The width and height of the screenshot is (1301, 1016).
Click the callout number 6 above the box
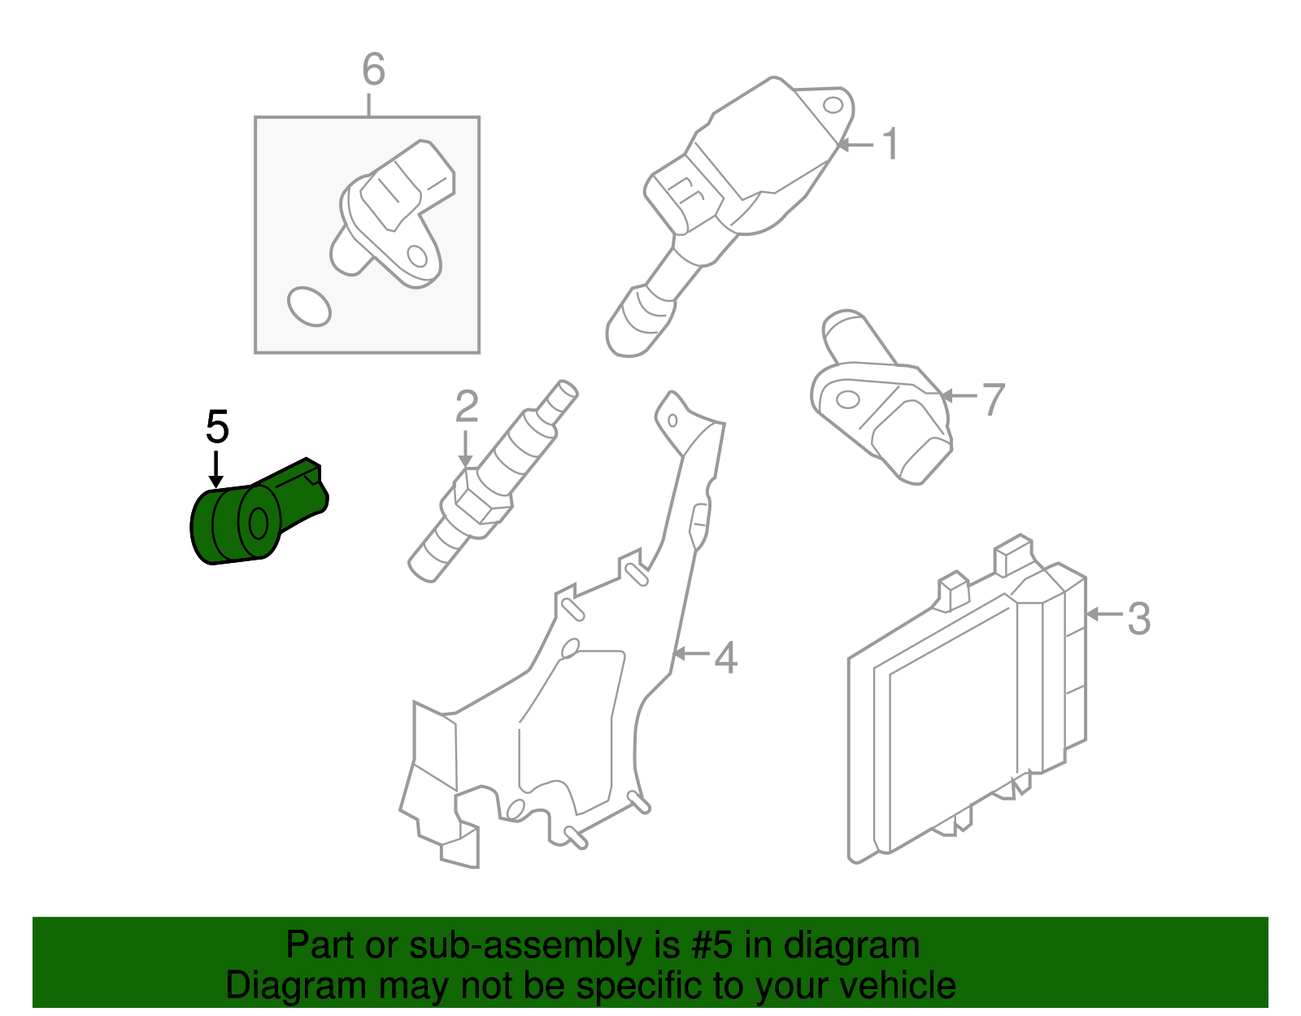[x=373, y=70]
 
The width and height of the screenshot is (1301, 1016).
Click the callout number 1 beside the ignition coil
[x=890, y=144]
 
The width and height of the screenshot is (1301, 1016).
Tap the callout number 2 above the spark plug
[x=466, y=407]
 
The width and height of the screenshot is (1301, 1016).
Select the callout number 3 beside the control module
[x=1138, y=618]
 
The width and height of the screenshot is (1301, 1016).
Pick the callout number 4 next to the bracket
[x=725, y=657]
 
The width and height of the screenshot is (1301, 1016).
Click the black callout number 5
[x=217, y=427]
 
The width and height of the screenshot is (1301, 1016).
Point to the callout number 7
[x=993, y=399]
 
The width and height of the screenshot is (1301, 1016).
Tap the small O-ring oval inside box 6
[x=309, y=307]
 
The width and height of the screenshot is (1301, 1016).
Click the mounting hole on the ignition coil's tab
[x=833, y=106]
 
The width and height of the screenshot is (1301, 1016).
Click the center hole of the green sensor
[x=259, y=523]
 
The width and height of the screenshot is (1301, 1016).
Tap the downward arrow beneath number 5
[x=215, y=469]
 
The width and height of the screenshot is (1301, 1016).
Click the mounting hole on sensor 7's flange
[x=846, y=400]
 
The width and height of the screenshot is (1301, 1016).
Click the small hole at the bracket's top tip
[x=672, y=420]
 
